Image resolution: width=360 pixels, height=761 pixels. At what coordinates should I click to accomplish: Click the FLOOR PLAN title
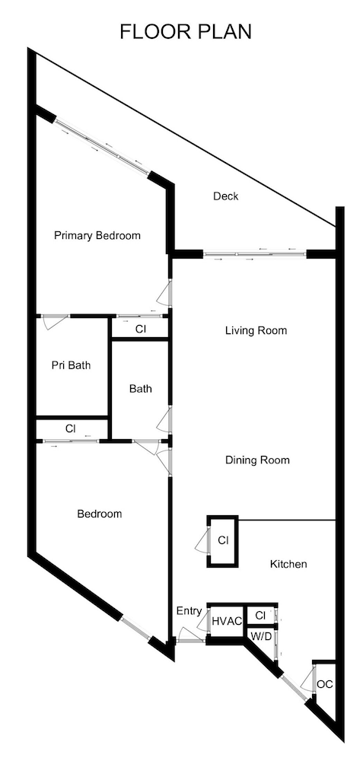point(186,32)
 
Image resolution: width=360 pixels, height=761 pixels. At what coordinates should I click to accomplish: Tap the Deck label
point(225,196)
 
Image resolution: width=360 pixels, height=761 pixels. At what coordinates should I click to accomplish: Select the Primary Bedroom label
point(97,235)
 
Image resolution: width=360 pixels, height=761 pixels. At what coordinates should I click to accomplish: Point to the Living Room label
point(256,330)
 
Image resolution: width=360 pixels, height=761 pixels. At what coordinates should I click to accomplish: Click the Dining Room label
point(257,460)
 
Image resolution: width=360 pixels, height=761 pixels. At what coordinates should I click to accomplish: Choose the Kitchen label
point(288,564)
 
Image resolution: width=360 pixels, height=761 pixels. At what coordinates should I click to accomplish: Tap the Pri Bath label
point(71,365)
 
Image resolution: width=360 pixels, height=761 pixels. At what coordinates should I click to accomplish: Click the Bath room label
point(140,388)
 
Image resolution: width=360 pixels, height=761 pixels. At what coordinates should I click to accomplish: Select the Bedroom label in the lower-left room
point(100,514)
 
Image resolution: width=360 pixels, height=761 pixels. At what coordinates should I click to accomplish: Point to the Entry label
point(189,610)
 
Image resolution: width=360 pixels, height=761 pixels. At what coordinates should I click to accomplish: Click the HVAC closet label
point(227,621)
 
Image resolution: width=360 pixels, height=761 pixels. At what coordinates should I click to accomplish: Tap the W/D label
point(261,635)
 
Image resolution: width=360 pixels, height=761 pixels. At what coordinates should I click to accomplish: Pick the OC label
point(325,683)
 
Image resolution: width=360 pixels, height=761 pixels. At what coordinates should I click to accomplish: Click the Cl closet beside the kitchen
point(223,540)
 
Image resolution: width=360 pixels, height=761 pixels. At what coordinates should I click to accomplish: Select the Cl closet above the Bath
point(140,329)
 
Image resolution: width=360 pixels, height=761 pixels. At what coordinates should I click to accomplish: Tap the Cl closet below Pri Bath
point(70,428)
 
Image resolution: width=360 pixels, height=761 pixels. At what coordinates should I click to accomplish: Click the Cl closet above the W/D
point(260,615)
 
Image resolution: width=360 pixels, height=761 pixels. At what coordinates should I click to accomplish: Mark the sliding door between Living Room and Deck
point(254,253)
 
